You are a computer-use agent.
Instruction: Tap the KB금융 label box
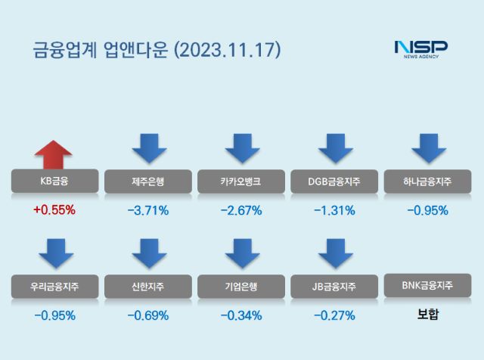coord(54,182)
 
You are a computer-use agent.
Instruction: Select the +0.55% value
coord(54,210)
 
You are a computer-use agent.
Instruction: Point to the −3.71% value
coord(147,210)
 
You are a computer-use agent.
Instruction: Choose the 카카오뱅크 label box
coord(240,182)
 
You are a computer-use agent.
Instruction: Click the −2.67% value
coord(240,210)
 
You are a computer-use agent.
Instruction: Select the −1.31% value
coord(334,210)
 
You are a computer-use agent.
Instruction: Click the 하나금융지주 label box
coord(428,182)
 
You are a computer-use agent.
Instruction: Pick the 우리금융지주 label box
coord(54,286)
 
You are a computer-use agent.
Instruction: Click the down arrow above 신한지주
coord(148,253)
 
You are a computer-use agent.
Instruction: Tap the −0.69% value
coord(147,315)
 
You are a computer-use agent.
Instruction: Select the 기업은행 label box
coord(240,286)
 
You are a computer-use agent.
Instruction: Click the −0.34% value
coord(240,315)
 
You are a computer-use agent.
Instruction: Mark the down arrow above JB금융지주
coord(335,253)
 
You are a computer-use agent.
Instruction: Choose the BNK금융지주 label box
coord(428,286)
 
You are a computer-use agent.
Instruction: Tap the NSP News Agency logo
coord(420,48)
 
